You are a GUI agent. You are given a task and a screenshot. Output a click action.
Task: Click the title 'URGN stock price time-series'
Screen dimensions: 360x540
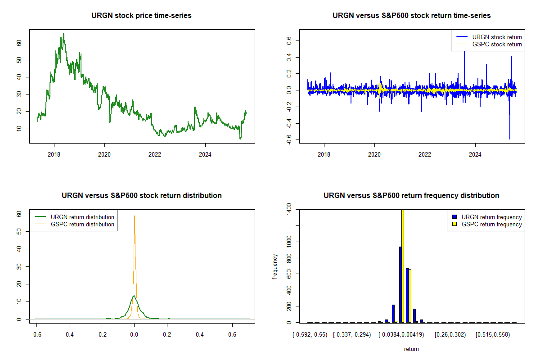click(x=142, y=16)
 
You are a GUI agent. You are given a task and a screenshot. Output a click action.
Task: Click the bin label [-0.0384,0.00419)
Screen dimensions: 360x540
click(x=400, y=335)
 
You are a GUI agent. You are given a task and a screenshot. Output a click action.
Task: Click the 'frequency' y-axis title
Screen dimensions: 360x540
click(x=275, y=267)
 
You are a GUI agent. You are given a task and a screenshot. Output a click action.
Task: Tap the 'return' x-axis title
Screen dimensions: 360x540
click(x=411, y=349)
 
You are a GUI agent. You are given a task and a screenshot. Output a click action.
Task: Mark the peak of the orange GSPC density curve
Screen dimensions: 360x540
click(x=134, y=216)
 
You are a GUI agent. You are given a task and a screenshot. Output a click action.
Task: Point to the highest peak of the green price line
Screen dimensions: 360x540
click(x=63, y=34)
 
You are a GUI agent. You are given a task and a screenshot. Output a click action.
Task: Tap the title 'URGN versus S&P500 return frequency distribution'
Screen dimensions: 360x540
click(x=411, y=196)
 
